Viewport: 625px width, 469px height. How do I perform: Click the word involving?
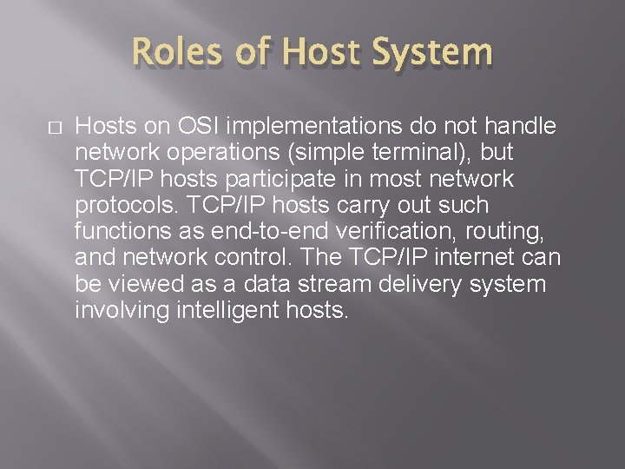114,310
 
